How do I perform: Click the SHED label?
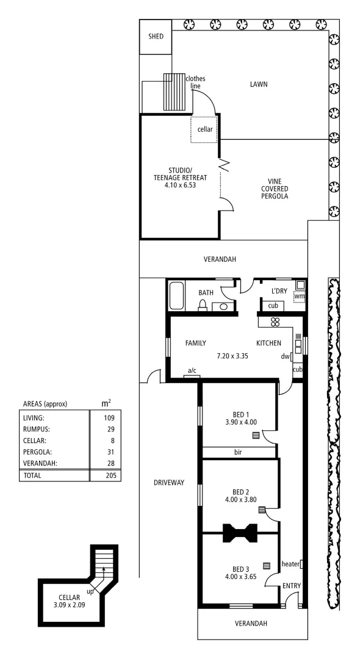(156, 36)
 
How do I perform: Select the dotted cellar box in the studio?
(204, 129)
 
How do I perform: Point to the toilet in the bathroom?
(203, 306)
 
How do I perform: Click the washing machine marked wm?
(299, 297)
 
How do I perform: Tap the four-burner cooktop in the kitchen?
(275, 322)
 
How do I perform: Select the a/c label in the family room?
(192, 370)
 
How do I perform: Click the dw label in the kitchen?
(284, 357)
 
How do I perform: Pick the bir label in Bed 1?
(239, 453)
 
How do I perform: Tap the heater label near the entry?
(290, 564)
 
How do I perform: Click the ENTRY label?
(291, 586)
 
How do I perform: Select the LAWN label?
(259, 84)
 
